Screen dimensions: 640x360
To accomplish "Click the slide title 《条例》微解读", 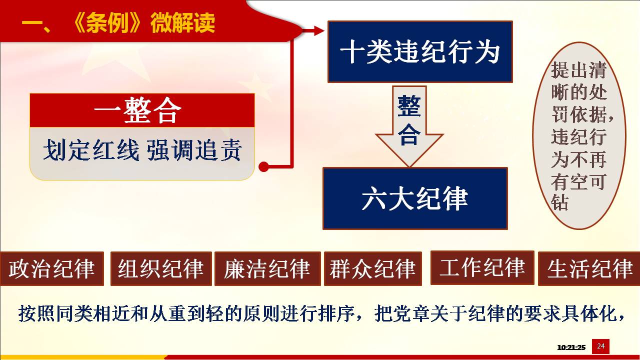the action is [142, 23].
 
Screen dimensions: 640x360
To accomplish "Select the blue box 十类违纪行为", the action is [420, 51].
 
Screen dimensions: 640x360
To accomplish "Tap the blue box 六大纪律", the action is [415, 198].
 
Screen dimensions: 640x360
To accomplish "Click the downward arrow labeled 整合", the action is [409, 126].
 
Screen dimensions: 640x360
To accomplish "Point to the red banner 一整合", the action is [142, 110].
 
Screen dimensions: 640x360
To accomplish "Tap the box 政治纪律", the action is [51, 268].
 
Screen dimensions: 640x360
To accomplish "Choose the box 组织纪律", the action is [161, 268].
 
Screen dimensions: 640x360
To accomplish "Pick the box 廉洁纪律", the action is [267, 268].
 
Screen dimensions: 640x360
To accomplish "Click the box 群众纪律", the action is [373, 268].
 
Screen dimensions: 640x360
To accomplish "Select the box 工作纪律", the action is [482, 267].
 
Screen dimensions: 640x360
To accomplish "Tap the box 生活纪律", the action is [589, 268].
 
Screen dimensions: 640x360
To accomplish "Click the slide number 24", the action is [600, 346].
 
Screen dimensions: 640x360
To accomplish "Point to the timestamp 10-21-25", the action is [571, 347].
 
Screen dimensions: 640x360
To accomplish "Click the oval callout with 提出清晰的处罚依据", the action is [579, 135].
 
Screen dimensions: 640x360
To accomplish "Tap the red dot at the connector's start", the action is [263, 166].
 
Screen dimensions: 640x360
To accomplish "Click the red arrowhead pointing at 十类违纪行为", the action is [319, 30].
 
